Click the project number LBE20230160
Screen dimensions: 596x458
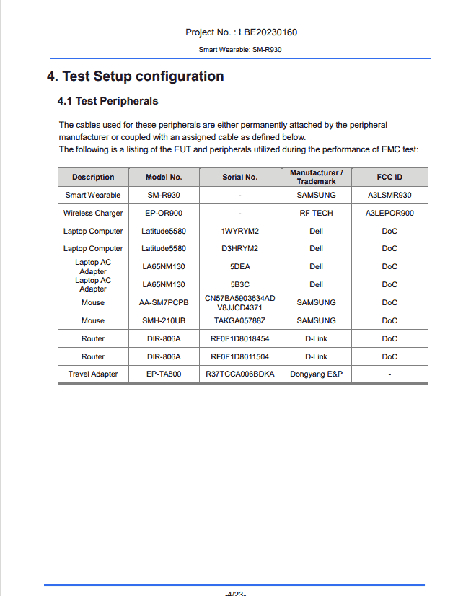pyautogui.click(x=266, y=32)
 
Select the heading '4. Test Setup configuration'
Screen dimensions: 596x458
pyautogui.click(x=135, y=76)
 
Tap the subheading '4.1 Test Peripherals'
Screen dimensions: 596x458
pyautogui.click(x=107, y=101)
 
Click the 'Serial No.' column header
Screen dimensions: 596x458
pyautogui.click(x=239, y=177)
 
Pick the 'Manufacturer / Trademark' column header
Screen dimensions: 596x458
pyautogui.click(x=316, y=177)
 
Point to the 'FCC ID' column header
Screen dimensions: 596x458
pyautogui.click(x=389, y=177)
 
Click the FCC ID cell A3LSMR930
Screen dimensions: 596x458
pyautogui.click(x=389, y=196)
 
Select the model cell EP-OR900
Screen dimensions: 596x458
pyautogui.click(x=164, y=214)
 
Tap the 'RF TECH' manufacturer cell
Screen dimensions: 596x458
pyautogui.click(x=316, y=214)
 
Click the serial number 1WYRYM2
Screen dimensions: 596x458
pyautogui.click(x=239, y=232)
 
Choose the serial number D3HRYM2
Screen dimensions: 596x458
pyautogui.click(x=239, y=249)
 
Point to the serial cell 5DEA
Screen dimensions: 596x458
pyautogui.click(x=239, y=267)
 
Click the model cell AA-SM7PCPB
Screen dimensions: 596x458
pyautogui.click(x=164, y=303)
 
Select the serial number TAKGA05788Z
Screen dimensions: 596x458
pyautogui.click(x=239, y=320)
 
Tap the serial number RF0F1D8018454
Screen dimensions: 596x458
pyautogui.click(x=239, y=338)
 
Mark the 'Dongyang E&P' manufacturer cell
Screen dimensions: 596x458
pyautogui.click(x=316, y=374)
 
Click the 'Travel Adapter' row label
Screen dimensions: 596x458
pyautogui.click(x=93, y=374)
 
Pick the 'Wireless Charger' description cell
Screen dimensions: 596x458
pyautogui.click(x=93, y=214)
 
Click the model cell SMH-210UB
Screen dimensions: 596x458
pyautogui.click(x=164, y=320)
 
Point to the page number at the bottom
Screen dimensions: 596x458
pyautogui.click(x=236, y=593)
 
